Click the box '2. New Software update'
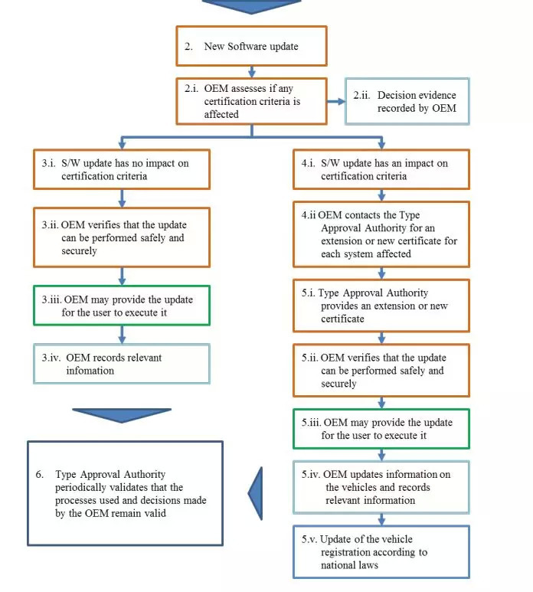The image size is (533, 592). click(251, 46)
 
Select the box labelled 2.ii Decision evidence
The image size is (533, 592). click(407, 101)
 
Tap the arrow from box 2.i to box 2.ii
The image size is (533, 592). click(336, 101)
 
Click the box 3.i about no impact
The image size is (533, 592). click(122, 169)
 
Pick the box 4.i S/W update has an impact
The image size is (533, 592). click(381, 169)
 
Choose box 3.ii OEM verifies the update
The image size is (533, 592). click(122, 237)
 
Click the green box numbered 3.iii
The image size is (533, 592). click(122, 306)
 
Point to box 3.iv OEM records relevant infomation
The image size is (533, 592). click(122, 364)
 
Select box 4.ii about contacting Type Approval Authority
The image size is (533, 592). click(381, 234)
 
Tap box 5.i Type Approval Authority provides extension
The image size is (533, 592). click(381, 306)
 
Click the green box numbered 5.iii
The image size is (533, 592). click(381, 429)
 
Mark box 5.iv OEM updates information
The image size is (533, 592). click(381, 487)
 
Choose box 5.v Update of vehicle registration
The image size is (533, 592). click(381, 552)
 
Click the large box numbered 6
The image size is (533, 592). click(126, 493)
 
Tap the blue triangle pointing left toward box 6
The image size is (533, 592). click(256, 493)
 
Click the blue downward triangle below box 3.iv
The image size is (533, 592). click(122, 414)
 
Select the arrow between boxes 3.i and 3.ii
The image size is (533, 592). click(122, 198)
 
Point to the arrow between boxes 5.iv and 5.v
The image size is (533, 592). click(381, 519)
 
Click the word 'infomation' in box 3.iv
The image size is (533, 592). click(90, 371)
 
